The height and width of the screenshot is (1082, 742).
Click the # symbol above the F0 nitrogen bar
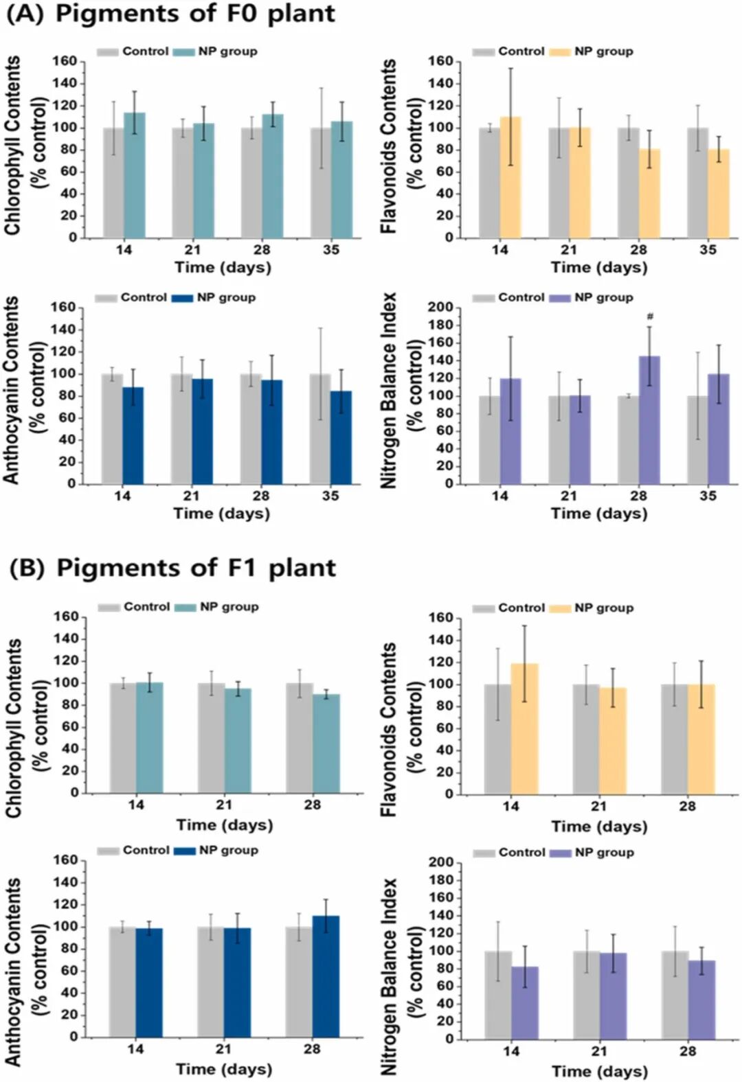[x=650, y=316]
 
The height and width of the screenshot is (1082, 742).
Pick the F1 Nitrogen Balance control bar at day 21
[x=586, y=995]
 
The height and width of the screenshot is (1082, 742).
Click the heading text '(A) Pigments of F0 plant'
[x=170, y=14]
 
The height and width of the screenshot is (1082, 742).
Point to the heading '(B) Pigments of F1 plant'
[x=172, y=568]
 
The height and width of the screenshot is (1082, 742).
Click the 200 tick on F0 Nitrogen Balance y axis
[x=440, y=307]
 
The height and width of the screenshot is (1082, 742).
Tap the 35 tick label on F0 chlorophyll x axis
[x=331, y=250]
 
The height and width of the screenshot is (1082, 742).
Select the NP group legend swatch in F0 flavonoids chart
[x=560, y=51]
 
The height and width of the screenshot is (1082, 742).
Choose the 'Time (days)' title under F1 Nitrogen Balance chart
[x=599, y=1071]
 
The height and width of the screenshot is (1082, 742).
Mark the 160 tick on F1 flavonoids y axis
[x=440, y=618]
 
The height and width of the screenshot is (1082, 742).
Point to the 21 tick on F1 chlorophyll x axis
[x=224, y=805]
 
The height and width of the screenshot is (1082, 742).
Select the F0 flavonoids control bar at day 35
[x=697, y=183]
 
